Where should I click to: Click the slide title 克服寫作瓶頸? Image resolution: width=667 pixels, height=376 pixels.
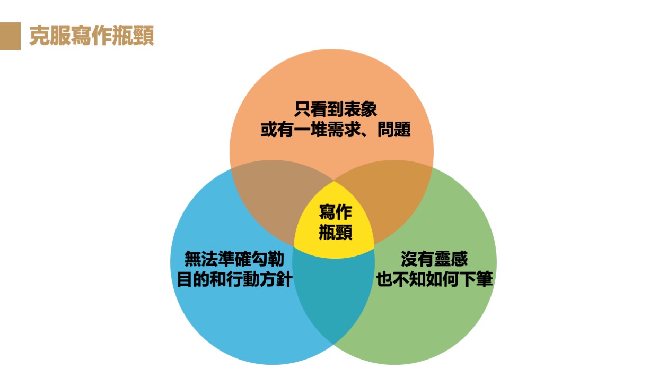(x=91, y=36)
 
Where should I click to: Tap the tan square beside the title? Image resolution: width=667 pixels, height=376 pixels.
(x=10, y=36)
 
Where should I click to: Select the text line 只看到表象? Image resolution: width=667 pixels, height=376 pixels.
(x=335, y=110)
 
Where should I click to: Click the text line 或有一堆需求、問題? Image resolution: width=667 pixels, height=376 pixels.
(x=335, y=130)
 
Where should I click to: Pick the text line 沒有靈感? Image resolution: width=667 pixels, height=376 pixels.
(x=434, y=259)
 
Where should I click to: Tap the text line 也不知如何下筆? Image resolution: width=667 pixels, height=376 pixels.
(x=434, y=279)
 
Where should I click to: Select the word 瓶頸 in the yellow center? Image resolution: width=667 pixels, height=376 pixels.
(x=335, y=232)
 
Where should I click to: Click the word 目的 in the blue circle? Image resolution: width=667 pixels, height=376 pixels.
(x=192, y=279)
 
